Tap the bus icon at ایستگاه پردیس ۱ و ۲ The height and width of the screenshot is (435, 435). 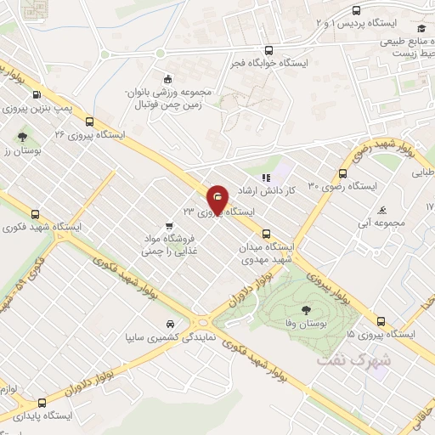[355, 11]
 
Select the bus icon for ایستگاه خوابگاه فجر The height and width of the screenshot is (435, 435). [269, 50]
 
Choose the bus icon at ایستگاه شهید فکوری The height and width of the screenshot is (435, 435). [35, 215]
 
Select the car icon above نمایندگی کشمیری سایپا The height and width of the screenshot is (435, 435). [171, 325]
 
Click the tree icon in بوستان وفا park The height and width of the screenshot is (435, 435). [306, 312]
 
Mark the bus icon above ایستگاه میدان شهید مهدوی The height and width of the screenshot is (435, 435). [266, 233]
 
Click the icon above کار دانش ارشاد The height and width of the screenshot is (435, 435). [266, 178]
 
